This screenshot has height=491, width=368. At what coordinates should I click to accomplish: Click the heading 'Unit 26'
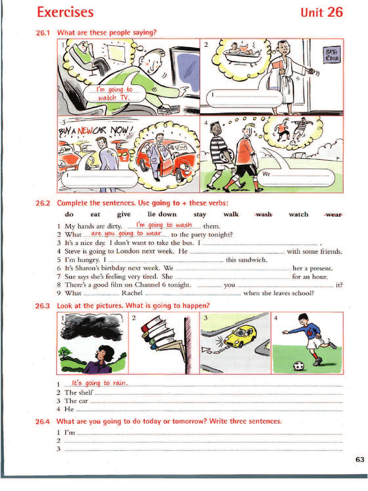(x=322, y=12)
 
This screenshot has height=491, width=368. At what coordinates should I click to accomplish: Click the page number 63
(x=360, y=460)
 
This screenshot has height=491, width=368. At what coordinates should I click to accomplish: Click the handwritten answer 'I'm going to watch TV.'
(x=114, y=94)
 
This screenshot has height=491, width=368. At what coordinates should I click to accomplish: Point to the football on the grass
(x=299, y=366)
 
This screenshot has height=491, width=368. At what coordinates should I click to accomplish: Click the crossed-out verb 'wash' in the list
(x=264, y=214)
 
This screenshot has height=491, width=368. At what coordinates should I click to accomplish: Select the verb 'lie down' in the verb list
(x=162, y=214)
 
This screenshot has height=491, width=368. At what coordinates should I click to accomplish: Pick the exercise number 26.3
(x=43, y=305)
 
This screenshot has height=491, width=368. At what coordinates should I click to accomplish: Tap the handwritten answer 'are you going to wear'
(x=126, y=234)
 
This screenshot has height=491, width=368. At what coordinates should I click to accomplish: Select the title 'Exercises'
(x=65, y=12)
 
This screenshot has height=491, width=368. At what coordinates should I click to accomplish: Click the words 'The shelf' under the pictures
(x=79, y=392)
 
